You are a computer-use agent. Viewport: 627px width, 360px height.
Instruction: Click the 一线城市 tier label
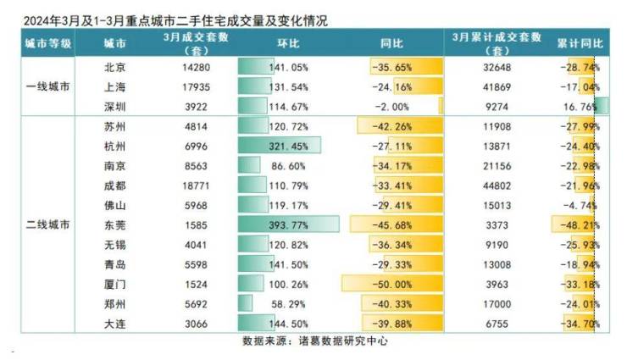(x=47, y=86)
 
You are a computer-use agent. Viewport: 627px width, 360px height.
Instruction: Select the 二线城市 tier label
(x=47, y=224)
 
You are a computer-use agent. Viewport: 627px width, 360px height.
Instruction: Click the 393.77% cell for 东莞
(x=291, y=224)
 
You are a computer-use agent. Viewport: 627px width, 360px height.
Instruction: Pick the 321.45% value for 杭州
(x=291, y=146)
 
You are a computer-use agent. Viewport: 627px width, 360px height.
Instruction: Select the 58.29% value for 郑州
(x=291, y=302)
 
